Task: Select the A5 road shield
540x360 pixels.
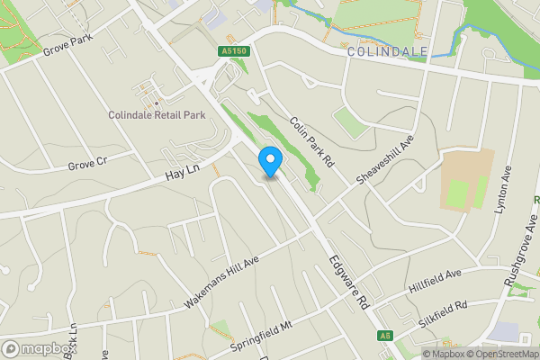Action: (x=385, y=335)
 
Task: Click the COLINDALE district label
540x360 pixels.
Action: (x=387, y=52)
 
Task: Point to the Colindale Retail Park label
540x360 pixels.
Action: (x=157, y=115)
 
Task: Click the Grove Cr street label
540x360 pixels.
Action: (x=87, y=165)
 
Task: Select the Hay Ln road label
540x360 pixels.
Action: (x=181, y=157)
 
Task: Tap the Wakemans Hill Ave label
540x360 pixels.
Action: (x=220, y=282)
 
